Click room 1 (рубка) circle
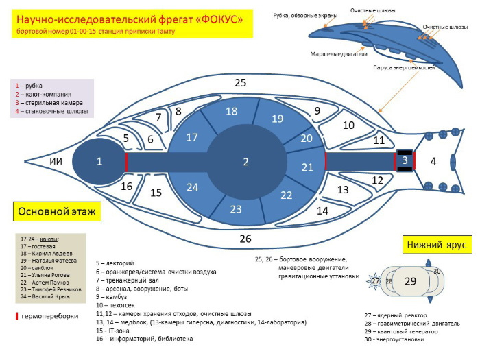pos(99,161)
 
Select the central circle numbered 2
pos(245,162)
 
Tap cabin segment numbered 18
pos(232,112)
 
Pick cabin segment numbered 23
pos(235,209)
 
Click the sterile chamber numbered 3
pos(405,160)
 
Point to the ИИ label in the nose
pos(56,161)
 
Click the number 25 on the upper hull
pos(240,83)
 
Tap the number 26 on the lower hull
pos(245,239)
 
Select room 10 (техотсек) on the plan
pos(348,125)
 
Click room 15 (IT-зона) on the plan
pos(156,193)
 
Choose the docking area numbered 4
pos(433,161)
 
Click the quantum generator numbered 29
pos(411,281)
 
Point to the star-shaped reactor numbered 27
pos(375,281)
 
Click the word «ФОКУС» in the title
pos(215,21)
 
